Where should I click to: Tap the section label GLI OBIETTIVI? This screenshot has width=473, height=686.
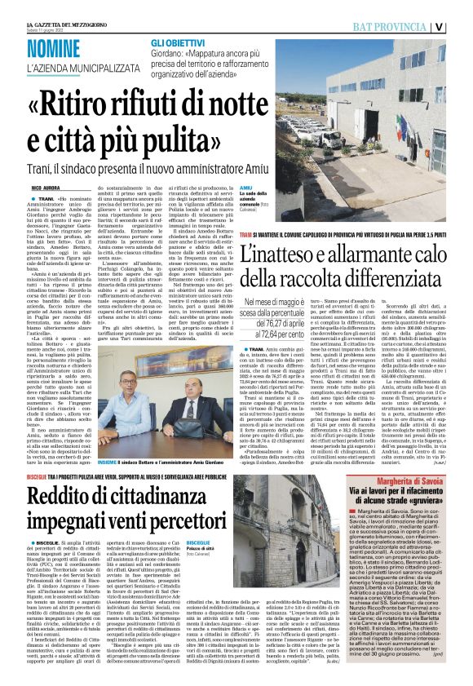pos(175,41)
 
